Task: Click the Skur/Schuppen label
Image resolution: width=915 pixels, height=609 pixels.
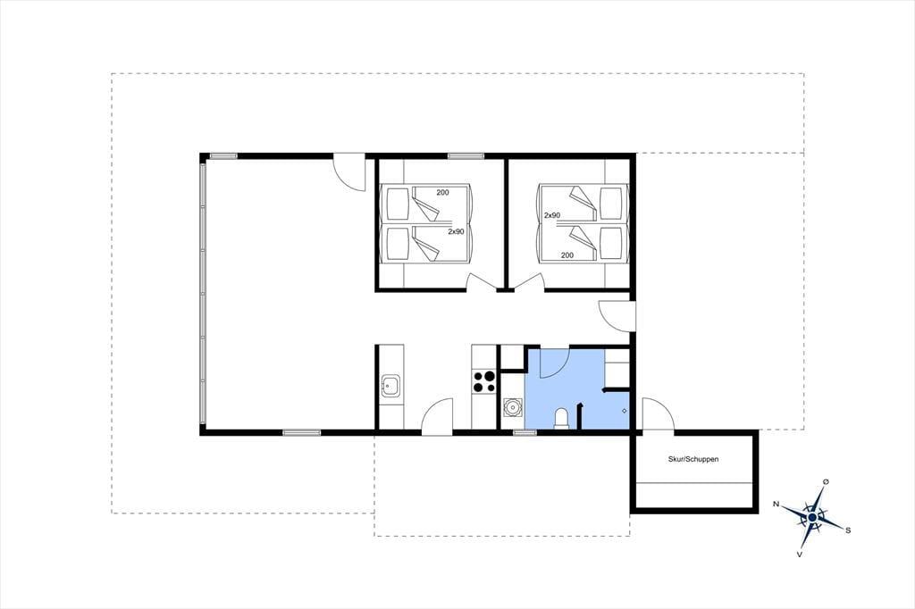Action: [x=693, y=459]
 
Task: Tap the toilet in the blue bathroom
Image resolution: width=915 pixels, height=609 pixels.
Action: [x=561, y=419]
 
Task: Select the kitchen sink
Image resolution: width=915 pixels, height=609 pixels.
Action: [x=390, y=386]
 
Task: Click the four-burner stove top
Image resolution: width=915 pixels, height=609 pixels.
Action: [x=484, y=381]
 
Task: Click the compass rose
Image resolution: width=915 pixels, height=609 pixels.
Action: [x=812, y=517]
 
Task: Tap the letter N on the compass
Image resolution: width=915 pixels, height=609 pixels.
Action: [x=776, y=504]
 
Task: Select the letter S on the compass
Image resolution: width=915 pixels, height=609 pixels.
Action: [x=848, y=530]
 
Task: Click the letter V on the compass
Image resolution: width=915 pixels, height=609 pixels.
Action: [x=799, y=554]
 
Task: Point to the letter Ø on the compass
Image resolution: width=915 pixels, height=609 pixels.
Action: [x=826, y=481]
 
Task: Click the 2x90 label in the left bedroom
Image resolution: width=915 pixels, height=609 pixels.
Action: [x=456, y=231]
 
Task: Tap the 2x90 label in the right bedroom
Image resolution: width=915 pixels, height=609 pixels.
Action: [x=552, y=215]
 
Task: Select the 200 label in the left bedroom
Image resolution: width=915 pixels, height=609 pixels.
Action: [x=443, y=193]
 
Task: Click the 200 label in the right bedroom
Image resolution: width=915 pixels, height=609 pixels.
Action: [x=567, y=254]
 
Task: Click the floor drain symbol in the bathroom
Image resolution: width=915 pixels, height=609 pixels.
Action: [x=625, y=412]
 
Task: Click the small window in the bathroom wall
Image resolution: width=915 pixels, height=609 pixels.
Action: [x=525, y=432]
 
